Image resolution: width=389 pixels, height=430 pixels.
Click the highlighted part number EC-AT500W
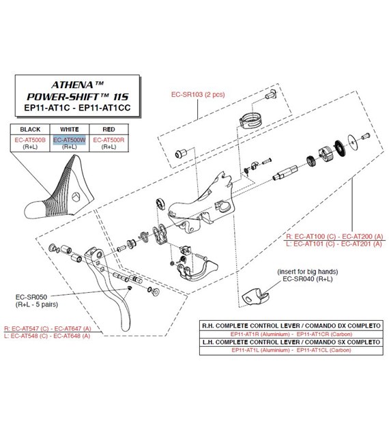point(70,140)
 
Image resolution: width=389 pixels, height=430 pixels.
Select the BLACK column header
point(30,129)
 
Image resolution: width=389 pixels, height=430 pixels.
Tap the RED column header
point(109,129)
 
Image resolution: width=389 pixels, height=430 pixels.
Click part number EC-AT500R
point(109,140)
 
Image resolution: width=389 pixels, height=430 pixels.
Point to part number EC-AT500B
point(30,140)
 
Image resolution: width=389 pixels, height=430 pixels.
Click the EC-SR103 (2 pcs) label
point(198,94)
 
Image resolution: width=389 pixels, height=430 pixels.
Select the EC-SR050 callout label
point(31,297)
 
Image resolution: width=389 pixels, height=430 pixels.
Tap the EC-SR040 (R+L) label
point(308,279)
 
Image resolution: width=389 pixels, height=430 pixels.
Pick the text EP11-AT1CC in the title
point(104,108)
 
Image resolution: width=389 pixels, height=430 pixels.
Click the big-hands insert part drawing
point(255,296)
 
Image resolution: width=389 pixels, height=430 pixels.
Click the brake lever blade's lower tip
point(125,330)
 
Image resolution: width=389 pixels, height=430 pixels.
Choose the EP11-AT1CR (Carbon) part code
point(324,334)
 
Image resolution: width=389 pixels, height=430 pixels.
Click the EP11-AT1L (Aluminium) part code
point(261,350)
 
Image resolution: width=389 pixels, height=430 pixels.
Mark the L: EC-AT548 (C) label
point(26,336)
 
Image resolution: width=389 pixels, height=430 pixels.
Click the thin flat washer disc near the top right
point(353,141)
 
